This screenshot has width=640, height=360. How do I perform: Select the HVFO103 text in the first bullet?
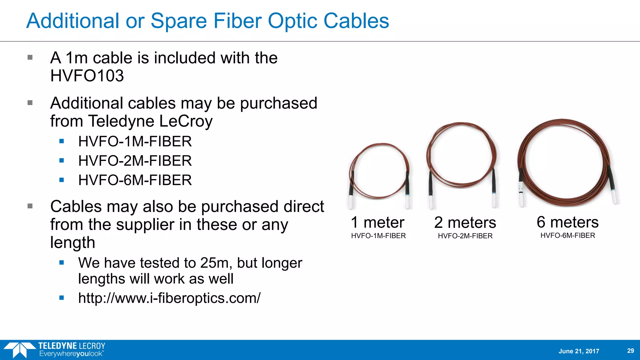87,76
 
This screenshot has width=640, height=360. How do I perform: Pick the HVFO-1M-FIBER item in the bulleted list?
135,142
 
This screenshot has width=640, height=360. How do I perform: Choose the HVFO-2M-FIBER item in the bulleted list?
135,161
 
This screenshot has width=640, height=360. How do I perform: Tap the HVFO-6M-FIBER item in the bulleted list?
135,180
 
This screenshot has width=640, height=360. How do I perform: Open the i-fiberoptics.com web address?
169,298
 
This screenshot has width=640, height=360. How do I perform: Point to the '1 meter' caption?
377,222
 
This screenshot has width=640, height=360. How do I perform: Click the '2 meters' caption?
465,223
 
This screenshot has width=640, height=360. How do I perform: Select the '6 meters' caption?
567,222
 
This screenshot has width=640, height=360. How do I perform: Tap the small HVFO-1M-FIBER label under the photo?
378,236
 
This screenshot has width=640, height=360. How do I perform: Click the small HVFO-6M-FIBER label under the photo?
567,236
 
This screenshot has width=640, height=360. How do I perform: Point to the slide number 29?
631,351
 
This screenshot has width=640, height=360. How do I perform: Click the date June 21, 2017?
579,351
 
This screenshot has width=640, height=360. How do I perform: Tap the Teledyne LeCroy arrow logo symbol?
19,350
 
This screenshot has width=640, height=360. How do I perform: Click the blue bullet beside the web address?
62,298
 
